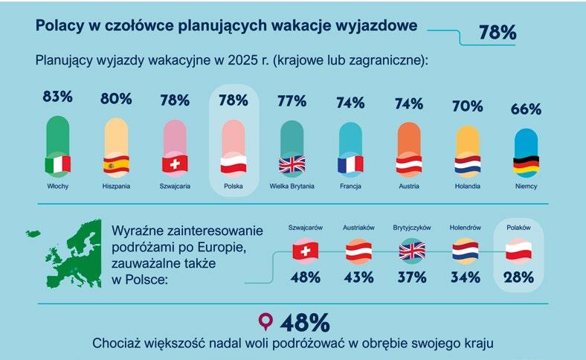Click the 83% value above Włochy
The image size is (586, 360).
pyautogui.click(x=57, y=97)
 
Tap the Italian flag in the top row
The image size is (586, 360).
pyautogui.click(x=58, y=165)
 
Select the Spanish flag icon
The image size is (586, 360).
pyautogui.click(x=116, y=164)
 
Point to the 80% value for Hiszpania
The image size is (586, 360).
pyautogui.click(x=116, y=99)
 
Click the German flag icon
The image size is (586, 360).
pyautogui.click(x=527, y=164)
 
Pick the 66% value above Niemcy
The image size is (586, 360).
pyautogui.click(x=527, y=109)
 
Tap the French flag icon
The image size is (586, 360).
pyautogui.click(x=350, y=164)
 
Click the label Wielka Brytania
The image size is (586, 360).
pyautogui.click(x=292, y=186)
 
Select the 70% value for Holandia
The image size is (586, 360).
pyautogui.click(x=468, y=106)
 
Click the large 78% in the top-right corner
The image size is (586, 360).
pyautogui.click(x=498, y=33)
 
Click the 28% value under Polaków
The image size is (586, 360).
pyautogui.click(x=519, y=277)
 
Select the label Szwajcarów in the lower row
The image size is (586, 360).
pyautogui.click(x=306, y=228)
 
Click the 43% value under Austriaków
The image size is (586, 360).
pyautogui.click(x=358, y=277)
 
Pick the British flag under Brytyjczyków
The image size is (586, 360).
pyautogui.click(x=412, y=251)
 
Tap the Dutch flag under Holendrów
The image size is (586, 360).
pyautogui.click(x=466, y=251)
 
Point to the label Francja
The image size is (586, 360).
pyautogui.click(x=350, y=186)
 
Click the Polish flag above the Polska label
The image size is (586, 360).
pyautogui.click(x=234, y=164)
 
